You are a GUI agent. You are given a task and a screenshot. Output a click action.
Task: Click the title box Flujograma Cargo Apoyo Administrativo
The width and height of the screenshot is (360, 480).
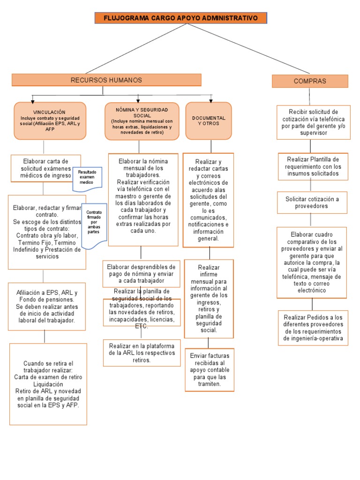tap(181, 18)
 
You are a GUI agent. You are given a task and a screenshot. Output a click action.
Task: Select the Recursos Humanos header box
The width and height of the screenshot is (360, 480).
tap(106, 80)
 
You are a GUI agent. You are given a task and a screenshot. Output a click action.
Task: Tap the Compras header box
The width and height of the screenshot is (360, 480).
tap(310, 81)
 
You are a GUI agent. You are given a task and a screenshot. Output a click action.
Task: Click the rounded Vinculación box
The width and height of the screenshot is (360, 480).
tap(50, 121)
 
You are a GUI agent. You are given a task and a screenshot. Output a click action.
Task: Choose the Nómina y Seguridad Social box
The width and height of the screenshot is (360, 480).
tap(142, 121)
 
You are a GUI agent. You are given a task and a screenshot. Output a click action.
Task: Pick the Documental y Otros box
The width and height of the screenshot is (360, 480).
tap(209, 121)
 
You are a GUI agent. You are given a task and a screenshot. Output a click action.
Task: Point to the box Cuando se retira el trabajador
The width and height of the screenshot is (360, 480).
tap(48, 384)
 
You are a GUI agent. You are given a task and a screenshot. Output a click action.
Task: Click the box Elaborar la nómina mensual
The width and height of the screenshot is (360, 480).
tap(143, 199)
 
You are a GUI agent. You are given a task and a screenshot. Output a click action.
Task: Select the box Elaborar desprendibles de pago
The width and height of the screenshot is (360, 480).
tap(142, 273)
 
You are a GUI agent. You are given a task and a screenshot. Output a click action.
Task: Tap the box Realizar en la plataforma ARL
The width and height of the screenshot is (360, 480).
tap(142, 352)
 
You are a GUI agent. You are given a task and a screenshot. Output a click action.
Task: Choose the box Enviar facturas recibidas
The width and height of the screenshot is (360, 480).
tap(210, 369)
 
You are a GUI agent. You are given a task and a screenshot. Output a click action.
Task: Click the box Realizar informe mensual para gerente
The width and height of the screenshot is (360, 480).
tap(209, 299)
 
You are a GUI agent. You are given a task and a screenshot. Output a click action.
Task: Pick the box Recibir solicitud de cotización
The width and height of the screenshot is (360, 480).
tap(313, 122)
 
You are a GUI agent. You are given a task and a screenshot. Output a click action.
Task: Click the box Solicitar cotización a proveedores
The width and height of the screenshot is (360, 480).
tap(312, 202)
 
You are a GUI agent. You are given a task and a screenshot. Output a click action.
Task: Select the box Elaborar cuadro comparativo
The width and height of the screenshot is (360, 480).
tap(311, 262)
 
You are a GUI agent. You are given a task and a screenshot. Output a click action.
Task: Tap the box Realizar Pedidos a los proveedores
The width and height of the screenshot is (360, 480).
tap(313, 328)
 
